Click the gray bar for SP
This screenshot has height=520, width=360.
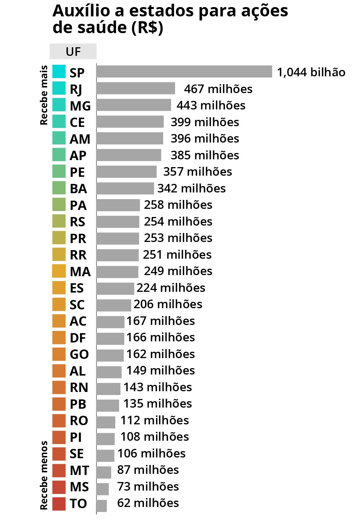coord(184,71)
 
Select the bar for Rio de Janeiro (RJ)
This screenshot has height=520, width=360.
coord(136,88)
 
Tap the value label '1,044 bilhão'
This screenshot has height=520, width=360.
coord(311,72)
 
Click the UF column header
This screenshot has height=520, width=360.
coord(73,51)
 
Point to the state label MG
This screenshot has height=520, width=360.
coord(80,106)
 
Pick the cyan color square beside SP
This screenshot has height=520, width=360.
coord(59,71)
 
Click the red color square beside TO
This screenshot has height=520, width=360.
coord(59,504)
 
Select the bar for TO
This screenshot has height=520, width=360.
coord(102,505)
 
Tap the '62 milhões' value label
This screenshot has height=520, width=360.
coord(148,503)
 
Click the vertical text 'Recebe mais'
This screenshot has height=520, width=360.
coord(44,95)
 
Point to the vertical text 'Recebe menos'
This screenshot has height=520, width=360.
coord(44,475)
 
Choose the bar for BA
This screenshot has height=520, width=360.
coord(125,188)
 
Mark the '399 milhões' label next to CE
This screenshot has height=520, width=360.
coord(205,122)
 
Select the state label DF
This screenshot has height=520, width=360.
coord(78,338)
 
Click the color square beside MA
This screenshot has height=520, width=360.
coord(59,271)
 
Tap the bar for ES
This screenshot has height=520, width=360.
coord(115,288)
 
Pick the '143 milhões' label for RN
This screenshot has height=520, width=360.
coord(158,387)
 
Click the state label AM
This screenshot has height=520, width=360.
coord(80,139)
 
